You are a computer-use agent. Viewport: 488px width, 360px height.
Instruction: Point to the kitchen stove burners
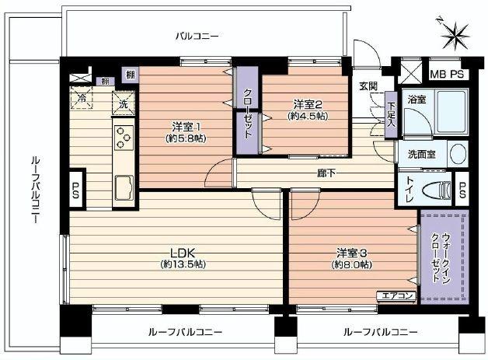tap(124, 138)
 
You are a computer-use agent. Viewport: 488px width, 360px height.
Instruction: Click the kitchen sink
tap(124, 187)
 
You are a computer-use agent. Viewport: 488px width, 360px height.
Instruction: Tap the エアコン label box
tap(398, 295)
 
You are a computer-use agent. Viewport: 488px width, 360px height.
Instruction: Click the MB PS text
tap(447, 74)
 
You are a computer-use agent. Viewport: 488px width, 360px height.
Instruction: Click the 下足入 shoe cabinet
tap(391, 114)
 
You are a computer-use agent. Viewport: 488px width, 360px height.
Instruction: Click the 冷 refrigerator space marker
tap(82, 100)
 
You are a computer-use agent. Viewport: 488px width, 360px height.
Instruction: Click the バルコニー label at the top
tap(197, 35)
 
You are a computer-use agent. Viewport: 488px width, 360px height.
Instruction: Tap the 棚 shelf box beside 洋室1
tap(128, 75)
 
